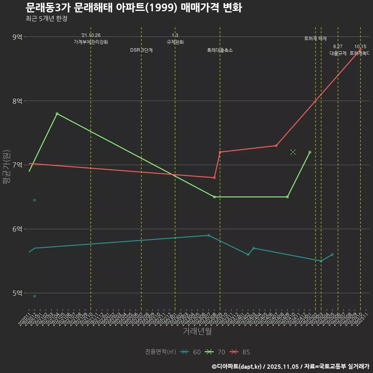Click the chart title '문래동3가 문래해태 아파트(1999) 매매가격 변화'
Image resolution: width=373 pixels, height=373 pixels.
[x=134, y=8]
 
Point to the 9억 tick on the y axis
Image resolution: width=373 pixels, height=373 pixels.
[x=17, y=37]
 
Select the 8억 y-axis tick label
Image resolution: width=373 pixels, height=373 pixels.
[x=17, y=101]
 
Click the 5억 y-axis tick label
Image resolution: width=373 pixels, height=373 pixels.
[x=17, y=293]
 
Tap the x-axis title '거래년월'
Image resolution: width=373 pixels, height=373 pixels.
[x=197, y=331]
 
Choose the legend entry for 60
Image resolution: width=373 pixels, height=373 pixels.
[x=191, y=352]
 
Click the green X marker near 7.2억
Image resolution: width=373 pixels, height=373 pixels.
[x=293, y=152]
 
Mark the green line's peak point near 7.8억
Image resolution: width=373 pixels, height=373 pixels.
[x=57, y=113]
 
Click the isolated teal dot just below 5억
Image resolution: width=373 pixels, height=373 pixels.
[x=35, y=296]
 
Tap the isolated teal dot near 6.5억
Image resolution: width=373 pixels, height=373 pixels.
[x=35, y=200]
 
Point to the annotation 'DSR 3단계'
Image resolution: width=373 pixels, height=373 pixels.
[x=141, y=50]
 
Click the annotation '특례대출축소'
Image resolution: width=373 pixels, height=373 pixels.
[x=220, y=50]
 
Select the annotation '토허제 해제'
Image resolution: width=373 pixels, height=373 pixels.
[x=315, y=38]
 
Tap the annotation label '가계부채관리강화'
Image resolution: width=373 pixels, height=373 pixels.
[x=91, y=42]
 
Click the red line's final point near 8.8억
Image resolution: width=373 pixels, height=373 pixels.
[x=361, y=49]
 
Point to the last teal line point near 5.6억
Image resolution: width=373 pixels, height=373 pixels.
[x=332, y=254]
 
